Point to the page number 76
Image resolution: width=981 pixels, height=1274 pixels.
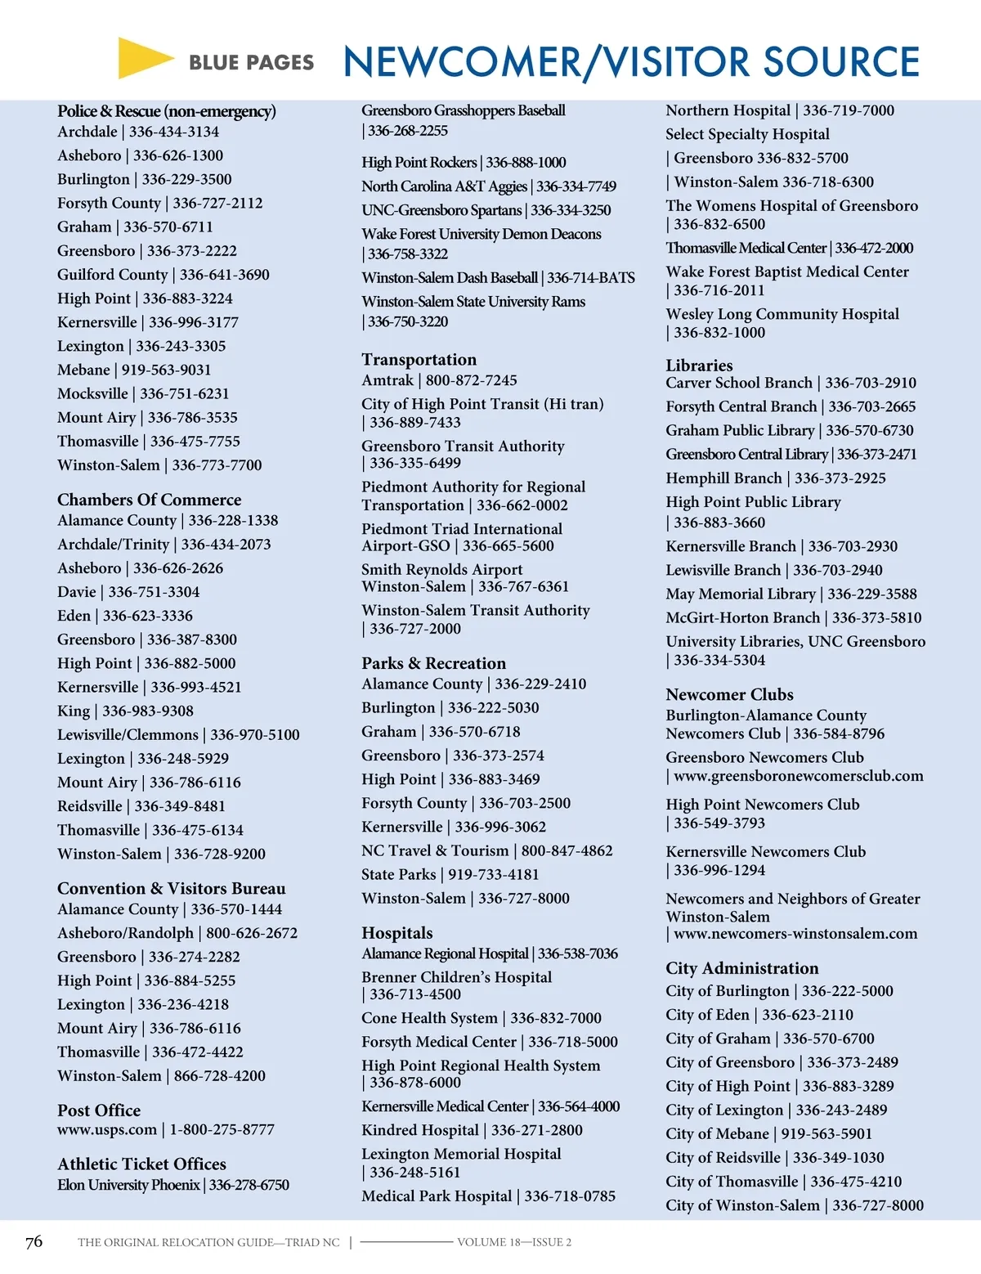[34, 1242]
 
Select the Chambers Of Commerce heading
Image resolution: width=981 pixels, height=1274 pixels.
[149, 500]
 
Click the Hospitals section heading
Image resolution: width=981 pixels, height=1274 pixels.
[397, 933]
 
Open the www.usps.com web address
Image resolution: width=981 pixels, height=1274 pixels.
[106, 1129]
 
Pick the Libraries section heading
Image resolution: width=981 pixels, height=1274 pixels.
[699, 366]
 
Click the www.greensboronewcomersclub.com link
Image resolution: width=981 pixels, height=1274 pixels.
[798, 776]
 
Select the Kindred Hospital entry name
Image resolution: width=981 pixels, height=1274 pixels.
[420, 1130]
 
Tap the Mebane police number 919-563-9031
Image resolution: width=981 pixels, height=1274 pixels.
[166, 370]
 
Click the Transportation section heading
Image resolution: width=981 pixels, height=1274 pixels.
[419, 360]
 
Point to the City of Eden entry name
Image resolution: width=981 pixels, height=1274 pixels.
[707, 1015]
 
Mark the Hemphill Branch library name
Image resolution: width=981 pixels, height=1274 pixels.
[723, 478]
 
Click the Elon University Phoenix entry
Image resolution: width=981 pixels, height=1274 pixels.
[128, 1185]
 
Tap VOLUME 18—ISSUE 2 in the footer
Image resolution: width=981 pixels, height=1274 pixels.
[514, 1242]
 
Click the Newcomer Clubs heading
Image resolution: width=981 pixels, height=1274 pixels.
[729, 694]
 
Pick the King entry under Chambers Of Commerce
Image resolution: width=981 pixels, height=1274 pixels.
[74, 711]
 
